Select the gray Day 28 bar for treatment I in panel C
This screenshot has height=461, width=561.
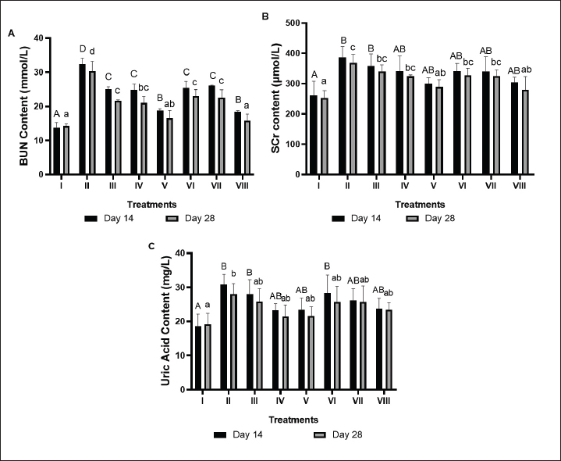pos(207,356)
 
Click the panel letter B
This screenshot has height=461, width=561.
pos(287,15)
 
